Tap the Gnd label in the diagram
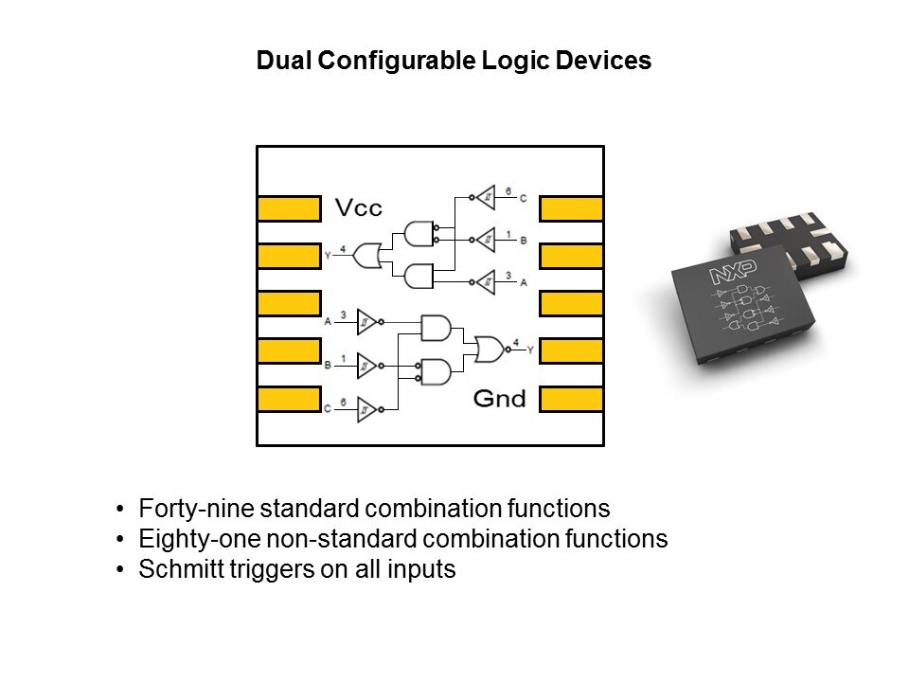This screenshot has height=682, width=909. click(499, 399)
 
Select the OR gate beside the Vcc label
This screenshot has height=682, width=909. click(366, 255)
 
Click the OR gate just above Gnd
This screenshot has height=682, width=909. click(490, 350)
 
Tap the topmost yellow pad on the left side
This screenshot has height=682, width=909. click(289, 208)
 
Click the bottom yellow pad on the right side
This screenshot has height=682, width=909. click(571, 399)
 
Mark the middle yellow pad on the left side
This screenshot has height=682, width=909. click(289, 303)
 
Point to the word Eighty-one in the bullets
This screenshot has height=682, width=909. click(187, 539)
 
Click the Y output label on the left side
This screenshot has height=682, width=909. click(328, 255)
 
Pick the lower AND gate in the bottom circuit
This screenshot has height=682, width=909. click(436, 371)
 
